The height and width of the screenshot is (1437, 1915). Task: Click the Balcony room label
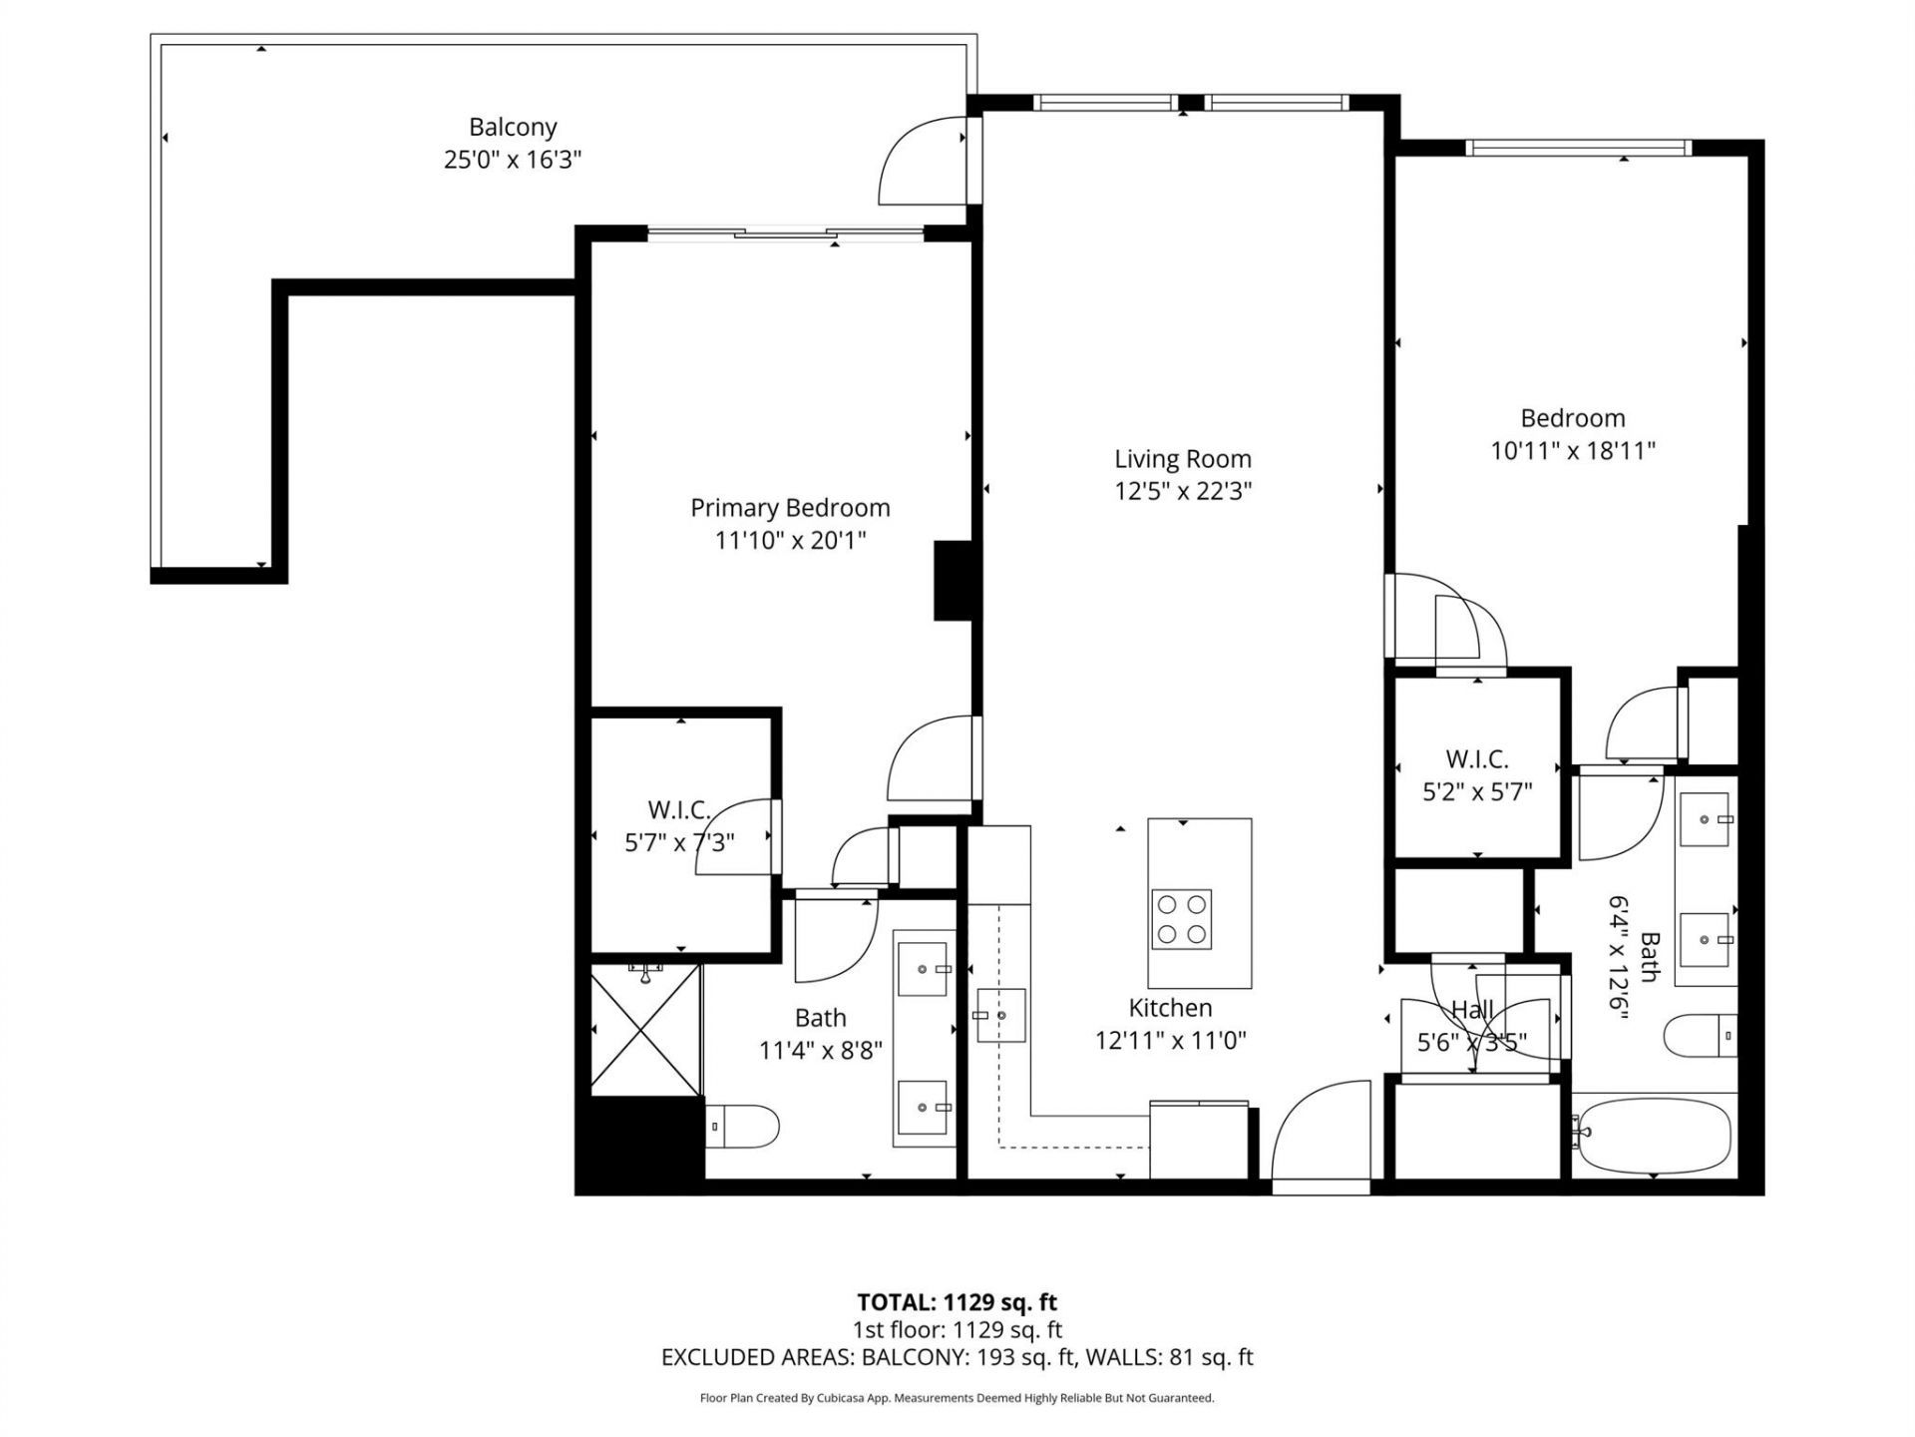click(513, 127)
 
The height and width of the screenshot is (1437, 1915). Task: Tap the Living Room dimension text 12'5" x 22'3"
click(1183, 491)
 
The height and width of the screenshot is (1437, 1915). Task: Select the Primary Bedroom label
click(790, 508)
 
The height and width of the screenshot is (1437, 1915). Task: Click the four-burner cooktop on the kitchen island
click(1182, 918)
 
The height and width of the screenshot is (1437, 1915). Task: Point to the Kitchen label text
click(1170, 1008)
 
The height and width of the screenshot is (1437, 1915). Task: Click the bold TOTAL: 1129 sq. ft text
click(957, 1302)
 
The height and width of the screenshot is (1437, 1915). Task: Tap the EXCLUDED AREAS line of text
click(957, 1357)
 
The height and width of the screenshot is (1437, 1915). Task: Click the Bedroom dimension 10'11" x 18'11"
click(1572, 451)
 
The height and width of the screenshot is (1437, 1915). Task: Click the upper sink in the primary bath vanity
click(923, 968)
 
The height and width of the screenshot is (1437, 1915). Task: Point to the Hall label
click(1472, 1010)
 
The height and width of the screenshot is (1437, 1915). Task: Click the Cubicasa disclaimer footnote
click(957, 1398)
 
